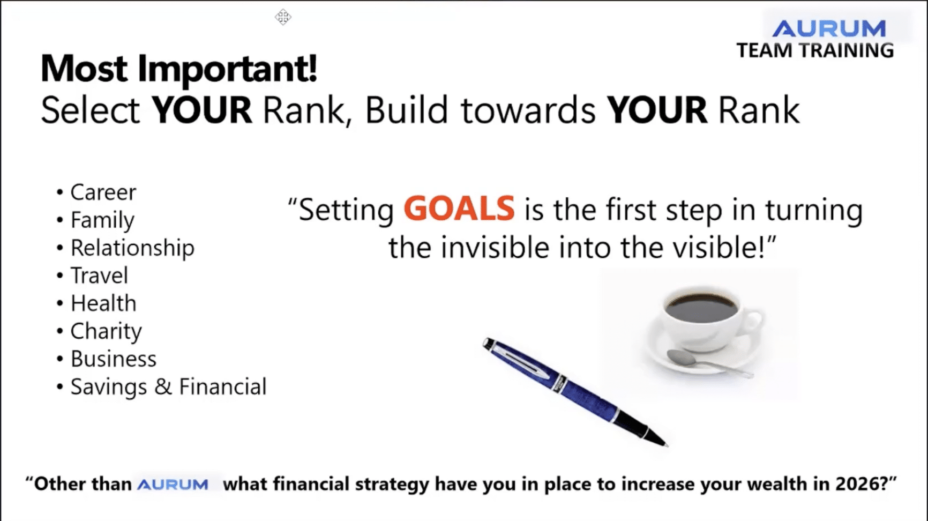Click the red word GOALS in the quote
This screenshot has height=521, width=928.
(459, 209)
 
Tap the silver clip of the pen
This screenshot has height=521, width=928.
(522, 360)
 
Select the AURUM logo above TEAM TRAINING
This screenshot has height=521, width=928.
(829, 28)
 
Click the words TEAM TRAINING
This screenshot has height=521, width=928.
(815, 50)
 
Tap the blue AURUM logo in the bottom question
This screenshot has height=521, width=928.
(173, 485)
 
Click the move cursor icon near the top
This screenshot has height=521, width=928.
(283, 17)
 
